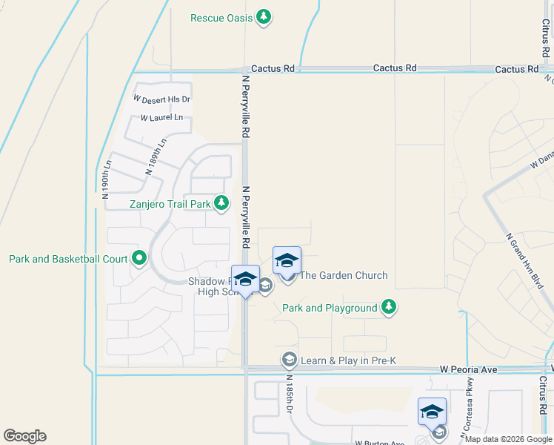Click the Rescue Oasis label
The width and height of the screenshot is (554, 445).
pos(221,18)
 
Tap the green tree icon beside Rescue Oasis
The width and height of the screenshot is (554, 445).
pos(264,17)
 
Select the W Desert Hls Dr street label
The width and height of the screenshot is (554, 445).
pos(161,99)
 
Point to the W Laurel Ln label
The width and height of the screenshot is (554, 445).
pos(161,118)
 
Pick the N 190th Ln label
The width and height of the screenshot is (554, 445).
pos(106,180)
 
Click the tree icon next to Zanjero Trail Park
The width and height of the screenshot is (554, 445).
pos(221,202)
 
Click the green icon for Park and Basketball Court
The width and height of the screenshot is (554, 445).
pos(139,259)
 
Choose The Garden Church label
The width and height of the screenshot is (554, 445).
pos(343,275)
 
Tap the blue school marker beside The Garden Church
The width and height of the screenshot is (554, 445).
pos(287,260)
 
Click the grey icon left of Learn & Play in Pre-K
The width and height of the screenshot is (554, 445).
pos(290,360)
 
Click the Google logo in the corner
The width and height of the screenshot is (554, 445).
pos(24,436)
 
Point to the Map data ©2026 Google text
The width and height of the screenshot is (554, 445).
pos(508,439)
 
